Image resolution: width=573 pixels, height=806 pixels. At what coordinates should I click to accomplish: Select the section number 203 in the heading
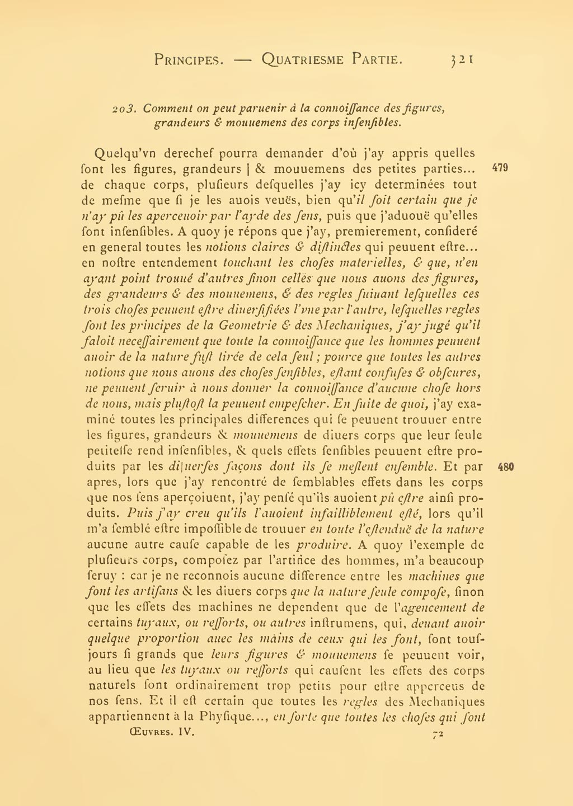tap(121, 108)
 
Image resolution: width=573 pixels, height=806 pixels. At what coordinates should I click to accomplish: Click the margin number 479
tap(500, 168)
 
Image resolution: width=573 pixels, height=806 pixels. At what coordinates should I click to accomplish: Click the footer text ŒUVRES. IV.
tap(161, 731)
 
